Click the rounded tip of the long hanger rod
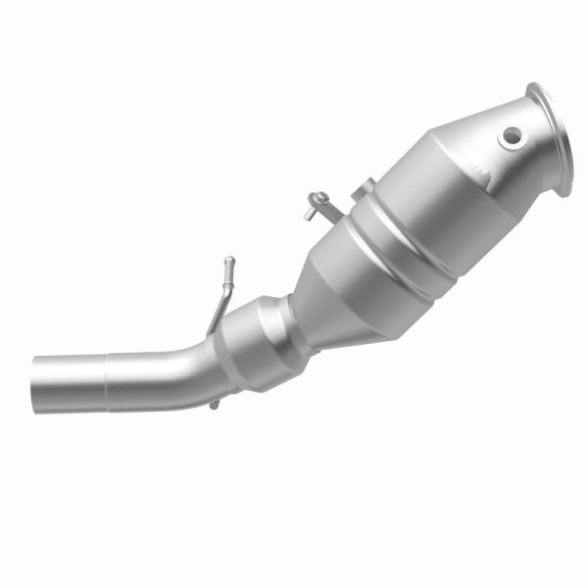[230, 263]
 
